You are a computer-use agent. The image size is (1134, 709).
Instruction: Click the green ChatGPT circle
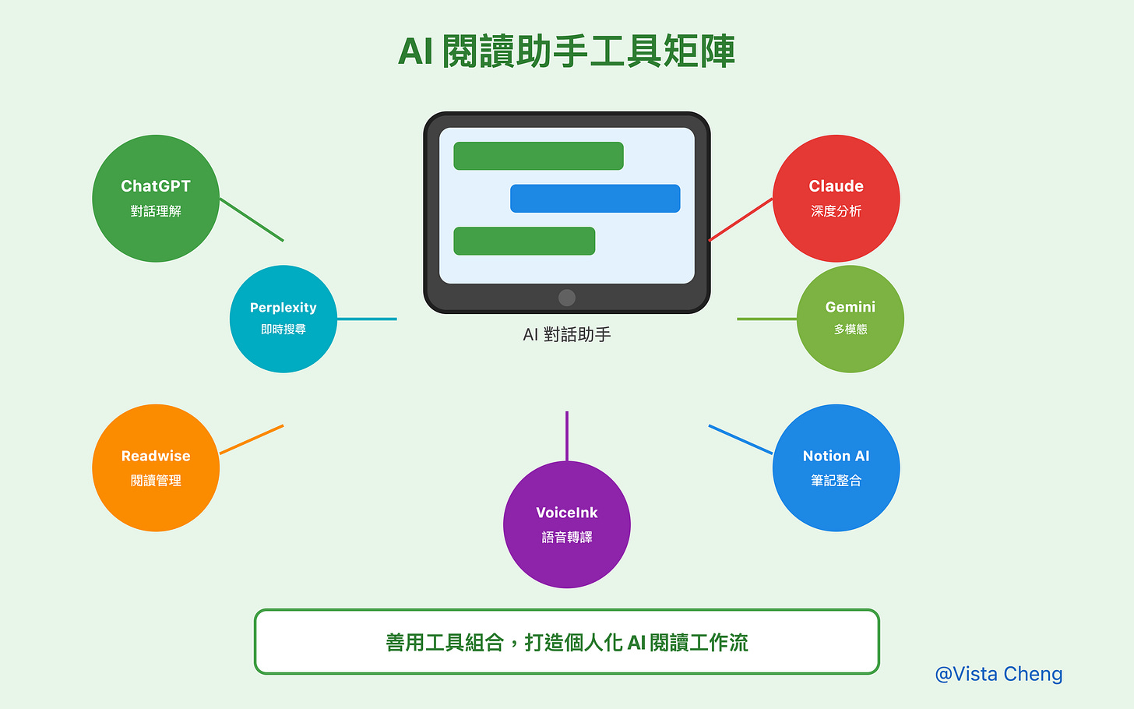156,198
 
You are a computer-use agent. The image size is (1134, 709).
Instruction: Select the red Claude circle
836,198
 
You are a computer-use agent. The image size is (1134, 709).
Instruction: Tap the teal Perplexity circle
283,319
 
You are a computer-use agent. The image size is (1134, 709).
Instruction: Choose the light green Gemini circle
850,319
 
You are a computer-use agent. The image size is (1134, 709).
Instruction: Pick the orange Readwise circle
156,467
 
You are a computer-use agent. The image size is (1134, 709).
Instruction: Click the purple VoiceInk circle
567,524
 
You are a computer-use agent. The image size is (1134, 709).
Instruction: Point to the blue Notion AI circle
836,467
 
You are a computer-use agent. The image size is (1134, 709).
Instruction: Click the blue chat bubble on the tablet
595,199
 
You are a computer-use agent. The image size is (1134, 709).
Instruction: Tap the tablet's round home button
567,298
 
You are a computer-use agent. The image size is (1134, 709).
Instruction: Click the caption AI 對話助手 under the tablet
567,335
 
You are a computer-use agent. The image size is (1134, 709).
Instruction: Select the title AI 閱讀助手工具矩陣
567,51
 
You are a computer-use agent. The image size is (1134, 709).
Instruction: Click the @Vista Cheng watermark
998,674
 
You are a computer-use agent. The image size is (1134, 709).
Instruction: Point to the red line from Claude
741,220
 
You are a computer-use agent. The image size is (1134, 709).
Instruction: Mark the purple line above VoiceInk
567,436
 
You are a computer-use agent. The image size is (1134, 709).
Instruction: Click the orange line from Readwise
252,439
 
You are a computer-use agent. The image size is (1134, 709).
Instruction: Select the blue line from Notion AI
741,439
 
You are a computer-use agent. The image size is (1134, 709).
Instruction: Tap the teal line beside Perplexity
367,319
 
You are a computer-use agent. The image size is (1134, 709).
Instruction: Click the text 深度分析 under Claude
836,211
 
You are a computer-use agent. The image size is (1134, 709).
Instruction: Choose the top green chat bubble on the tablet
538,156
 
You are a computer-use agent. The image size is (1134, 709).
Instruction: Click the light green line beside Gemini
767,319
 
